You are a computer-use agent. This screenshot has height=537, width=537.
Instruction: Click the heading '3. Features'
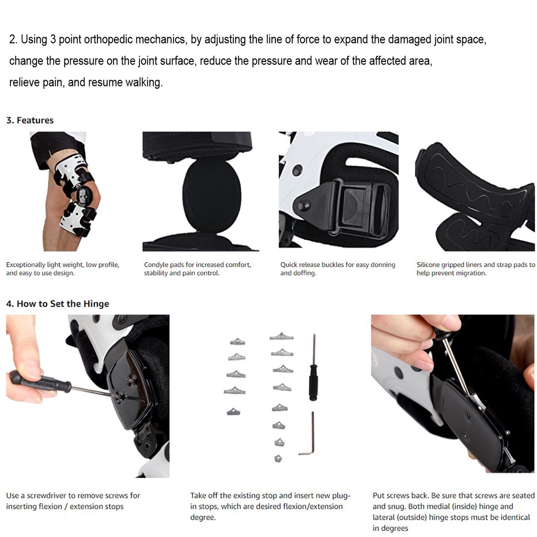pyautogui.click(x=30, y=120)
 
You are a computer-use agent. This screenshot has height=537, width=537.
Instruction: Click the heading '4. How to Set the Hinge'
pyautogui.click(x=58, y=304)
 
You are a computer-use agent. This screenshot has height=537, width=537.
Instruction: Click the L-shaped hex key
pyautogui.click(x=308, y=435)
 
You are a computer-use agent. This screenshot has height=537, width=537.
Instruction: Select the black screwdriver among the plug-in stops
pyautogui.click(x=313, y=368)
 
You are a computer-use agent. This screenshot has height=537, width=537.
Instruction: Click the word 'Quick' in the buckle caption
pyautogui.click(x=289, y=265)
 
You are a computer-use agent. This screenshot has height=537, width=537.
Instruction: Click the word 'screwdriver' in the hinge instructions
pyautogui.click(x=46, y=496)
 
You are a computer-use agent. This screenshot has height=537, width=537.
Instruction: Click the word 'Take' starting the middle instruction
pyautogui.click(x=198, y=496)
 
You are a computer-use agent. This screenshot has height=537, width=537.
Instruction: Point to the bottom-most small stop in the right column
pyautogui.click(x=278, y=458)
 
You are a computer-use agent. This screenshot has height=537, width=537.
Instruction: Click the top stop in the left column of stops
pyautogui.click(x=238, y=341)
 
